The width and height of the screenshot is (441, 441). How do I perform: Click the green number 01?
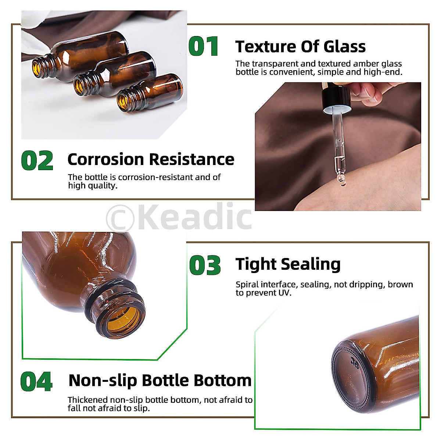tap(204, 47)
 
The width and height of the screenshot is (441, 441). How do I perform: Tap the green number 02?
tap(37, 161)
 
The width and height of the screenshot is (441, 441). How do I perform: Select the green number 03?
tap(205, 265)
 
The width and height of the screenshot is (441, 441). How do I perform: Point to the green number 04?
tap(36, 382)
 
